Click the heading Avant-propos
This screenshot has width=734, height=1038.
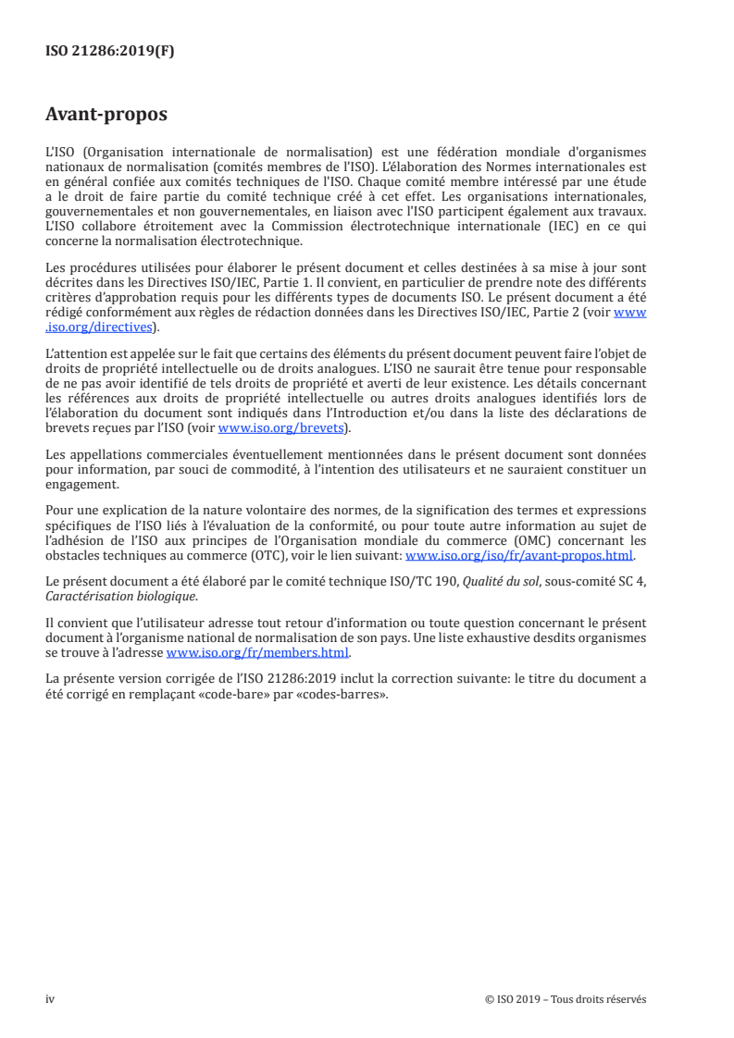tap(106, 115)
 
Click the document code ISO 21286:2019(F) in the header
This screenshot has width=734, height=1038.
tap(110, 52)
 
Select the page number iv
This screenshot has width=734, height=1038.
tap(51, 999)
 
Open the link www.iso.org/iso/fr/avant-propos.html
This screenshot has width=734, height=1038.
tap(519, 556)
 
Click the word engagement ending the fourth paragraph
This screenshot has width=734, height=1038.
tap(82, 484)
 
